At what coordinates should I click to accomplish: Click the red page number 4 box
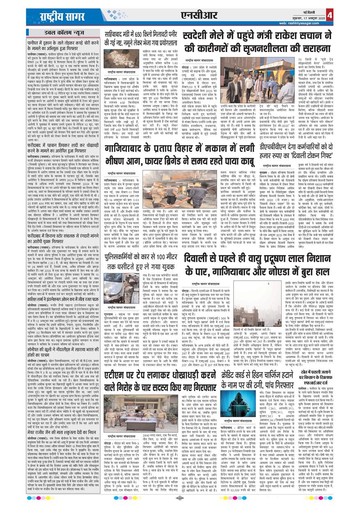pyautogui.click(x=352, y=15)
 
